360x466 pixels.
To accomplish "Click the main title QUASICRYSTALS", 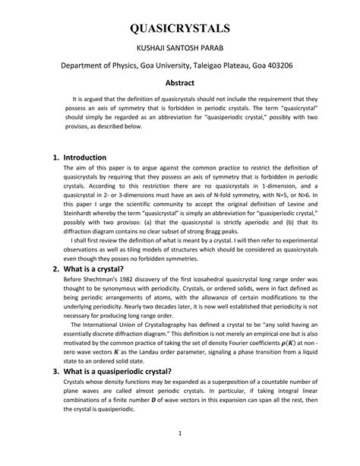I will pos(179,30).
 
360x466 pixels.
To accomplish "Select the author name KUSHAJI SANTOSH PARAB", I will pos(179,48).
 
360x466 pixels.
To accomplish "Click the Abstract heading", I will pos(180,83).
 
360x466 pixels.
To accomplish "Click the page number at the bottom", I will pos(180,455).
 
